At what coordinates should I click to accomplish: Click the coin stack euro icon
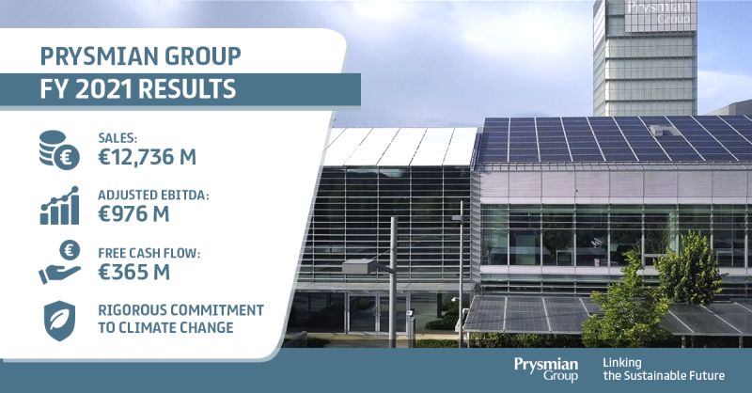coord(59,149)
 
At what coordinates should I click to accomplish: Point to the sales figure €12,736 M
coord(148,157)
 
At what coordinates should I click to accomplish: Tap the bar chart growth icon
coord(59,205)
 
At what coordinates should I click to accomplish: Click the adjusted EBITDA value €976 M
coord(133,214)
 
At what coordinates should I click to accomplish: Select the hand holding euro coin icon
coord(59,262)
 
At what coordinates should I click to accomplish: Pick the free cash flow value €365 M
coord(133,272)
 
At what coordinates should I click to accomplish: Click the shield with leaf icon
coord(59,321)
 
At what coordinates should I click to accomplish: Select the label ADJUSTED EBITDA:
coord(153,196)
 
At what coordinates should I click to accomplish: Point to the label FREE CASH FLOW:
coord(149,253)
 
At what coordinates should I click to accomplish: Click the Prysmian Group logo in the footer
coord(546,369)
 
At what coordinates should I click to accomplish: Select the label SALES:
coord(117,138)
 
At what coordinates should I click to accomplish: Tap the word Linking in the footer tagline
coord(622,363)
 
